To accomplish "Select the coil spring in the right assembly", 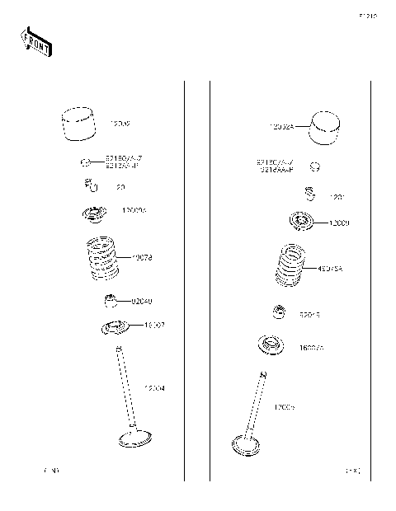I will [x=290, y=269].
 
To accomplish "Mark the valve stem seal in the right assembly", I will [x=280, y=312].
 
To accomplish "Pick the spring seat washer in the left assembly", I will [x=113, y=328].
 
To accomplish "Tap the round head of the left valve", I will [x=134, y=437].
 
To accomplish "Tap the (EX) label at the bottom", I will [x=352, y=471].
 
